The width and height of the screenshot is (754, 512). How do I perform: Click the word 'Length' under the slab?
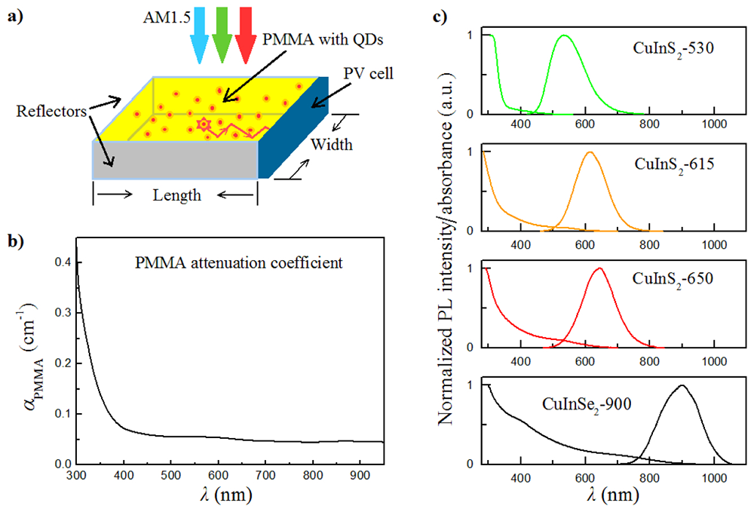(x=176, y=195)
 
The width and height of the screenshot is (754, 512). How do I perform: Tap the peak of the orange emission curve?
(x=589, y=152)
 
